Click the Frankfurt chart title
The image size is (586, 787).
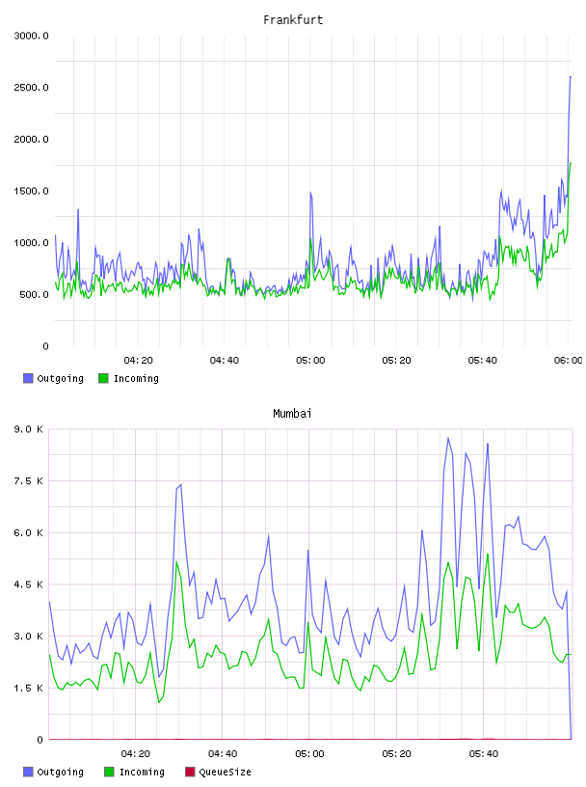coord(293,20)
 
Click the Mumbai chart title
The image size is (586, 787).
coord(292,414)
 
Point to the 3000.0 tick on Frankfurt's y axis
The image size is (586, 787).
coord(31,36)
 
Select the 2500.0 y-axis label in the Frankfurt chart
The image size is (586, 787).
coord(31,88)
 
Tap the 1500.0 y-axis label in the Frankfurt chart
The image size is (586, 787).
coord(31,191)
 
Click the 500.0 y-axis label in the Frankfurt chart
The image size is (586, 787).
coord(34,294)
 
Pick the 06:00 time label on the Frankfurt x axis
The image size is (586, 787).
coord(569,361)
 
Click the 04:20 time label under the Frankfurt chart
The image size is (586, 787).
coord(139,361)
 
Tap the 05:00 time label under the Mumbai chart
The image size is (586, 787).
coord(309,754)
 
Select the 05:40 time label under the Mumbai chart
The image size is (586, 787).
coord(484,754)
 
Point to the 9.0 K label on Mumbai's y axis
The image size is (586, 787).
coord(29,429)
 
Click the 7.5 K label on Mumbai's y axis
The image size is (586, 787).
coord(29,481)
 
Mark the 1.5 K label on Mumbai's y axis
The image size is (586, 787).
coord(29,688)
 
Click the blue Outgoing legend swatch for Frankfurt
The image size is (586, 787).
coord(28,378)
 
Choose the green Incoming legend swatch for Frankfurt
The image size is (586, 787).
coord(103,378)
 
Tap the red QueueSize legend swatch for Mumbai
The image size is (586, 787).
coord(190,772)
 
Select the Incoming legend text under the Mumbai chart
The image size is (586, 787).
coord(142,773)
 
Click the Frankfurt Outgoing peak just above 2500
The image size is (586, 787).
coord(571,77)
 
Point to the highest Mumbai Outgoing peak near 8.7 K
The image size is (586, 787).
coord(448,438)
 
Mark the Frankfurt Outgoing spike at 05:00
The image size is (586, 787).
coord(310,192)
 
